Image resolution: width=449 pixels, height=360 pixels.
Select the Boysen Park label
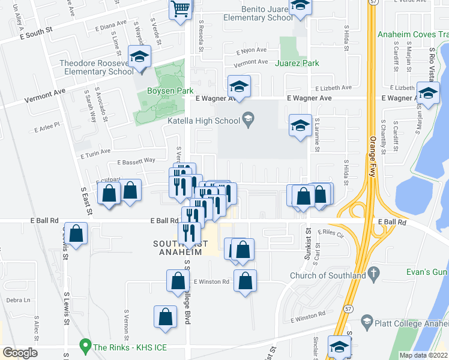170,91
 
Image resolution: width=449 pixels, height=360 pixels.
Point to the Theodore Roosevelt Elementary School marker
141,58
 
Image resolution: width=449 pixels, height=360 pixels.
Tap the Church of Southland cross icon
373,274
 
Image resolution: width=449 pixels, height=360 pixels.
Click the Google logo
20,353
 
